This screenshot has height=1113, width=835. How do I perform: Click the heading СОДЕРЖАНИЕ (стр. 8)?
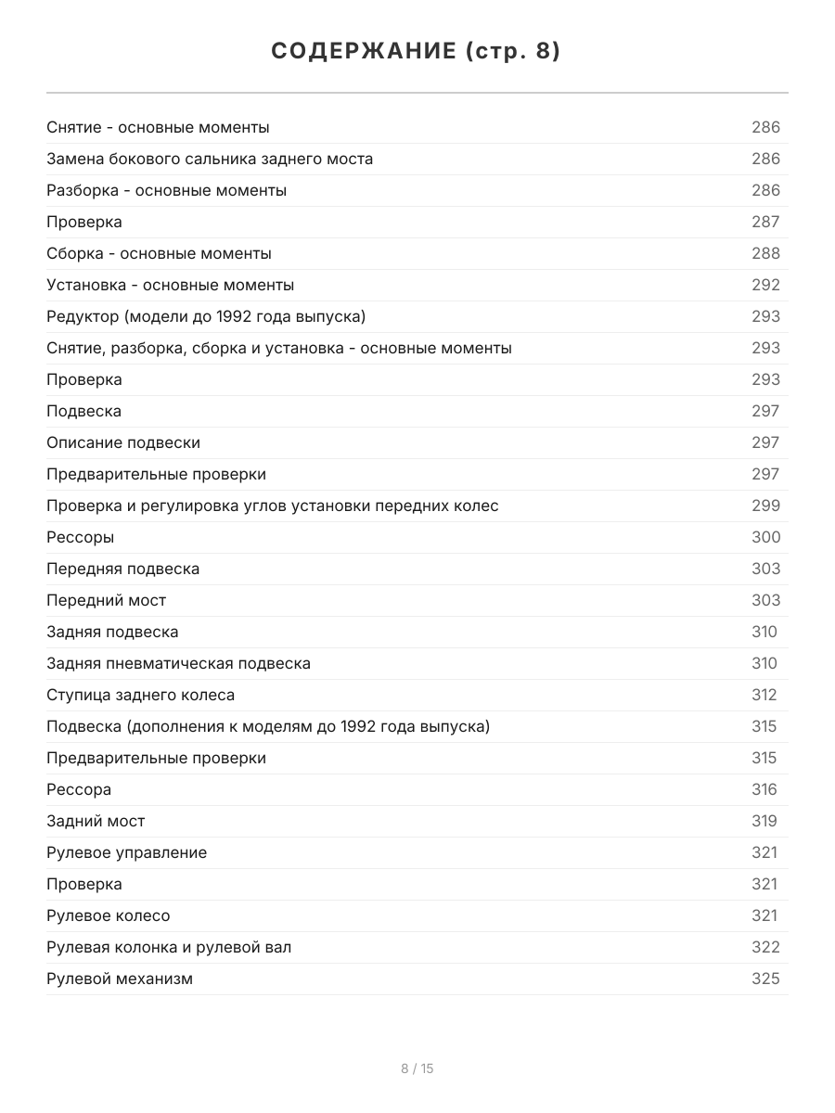tap(417, 52)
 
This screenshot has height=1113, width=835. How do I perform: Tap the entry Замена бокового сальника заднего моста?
tap(210, 159)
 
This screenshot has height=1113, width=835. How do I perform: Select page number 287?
tap(765, 222)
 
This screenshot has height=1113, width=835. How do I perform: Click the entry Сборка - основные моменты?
tap(159, 253)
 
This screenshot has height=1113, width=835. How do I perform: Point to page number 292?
tap(765, 285)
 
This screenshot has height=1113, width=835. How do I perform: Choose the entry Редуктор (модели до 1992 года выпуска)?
tap(206, 316)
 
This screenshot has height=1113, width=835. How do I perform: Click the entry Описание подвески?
tap(123, 442)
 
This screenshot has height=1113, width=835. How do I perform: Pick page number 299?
tap(765, 505)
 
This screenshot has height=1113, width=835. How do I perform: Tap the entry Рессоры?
tap(81, 537)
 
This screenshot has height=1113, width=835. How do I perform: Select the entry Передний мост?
tap(107, 600)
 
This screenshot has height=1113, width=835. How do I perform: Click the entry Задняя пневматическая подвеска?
tap(178, 663)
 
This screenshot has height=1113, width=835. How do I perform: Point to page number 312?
tap(764, 695)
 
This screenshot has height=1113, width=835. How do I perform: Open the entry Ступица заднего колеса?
tap(140, 695)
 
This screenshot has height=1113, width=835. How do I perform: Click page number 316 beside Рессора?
tap(764, 789)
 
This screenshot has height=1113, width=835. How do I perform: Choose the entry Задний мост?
tap(96, 821)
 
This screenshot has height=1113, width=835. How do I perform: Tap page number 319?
tap(764, 821)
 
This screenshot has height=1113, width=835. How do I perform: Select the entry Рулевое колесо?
tap(109, 915)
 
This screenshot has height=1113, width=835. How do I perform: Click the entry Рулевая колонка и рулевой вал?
tap(169, 947)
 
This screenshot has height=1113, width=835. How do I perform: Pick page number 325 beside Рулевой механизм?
tap(765, 979)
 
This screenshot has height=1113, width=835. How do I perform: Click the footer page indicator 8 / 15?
tap(417, 1068)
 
